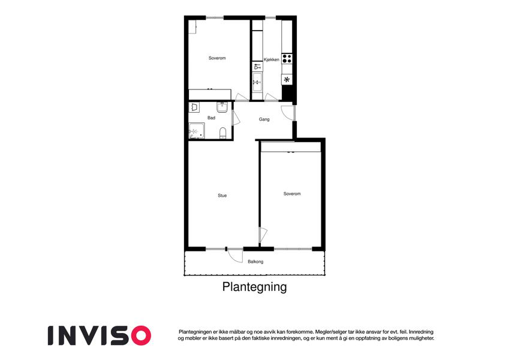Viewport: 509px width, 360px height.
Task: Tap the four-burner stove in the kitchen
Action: coord(287,59)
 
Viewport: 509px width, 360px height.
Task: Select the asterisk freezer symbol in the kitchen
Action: coord(287,80)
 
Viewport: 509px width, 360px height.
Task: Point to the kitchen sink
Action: coord(257,82)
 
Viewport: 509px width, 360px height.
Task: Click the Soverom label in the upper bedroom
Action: coord(217,58)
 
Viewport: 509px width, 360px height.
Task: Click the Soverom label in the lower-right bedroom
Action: coord(292,194)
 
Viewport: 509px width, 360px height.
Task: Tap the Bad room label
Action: coord(211,118)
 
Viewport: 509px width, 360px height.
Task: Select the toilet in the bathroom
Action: coord(222,133)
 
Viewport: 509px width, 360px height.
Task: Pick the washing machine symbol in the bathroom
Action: coord(194,107)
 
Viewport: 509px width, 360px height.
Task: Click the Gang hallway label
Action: coord(264,119)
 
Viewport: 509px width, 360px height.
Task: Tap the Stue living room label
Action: coord(222,196)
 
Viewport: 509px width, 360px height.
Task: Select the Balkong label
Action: coord(255,262)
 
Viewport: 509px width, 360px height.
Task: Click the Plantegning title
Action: coord(254,287)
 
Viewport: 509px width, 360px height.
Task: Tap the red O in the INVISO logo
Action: coord(140,335)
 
